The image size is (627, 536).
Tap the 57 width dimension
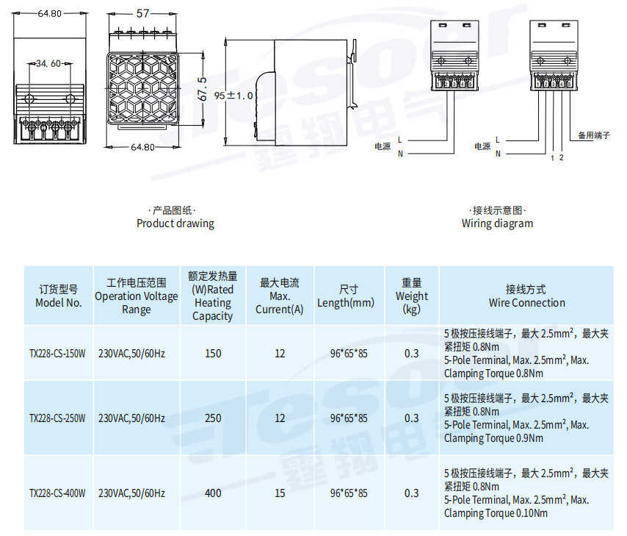point(144,13)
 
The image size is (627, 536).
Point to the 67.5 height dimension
point(203,89)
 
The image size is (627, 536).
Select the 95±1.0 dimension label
point(234,96)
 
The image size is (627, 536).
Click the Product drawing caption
point(175,223)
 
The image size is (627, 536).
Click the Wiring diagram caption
point(497,223)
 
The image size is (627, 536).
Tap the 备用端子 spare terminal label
point(594,135)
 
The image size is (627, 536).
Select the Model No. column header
point(59,296)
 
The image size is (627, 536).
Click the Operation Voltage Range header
point(137,296)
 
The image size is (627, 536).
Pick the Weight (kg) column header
point(412,296)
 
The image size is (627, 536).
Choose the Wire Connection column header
point(526,296)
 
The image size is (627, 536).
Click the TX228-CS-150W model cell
point(58,354)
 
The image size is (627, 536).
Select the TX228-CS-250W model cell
point(58,418)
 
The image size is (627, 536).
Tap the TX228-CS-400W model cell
point(58,493)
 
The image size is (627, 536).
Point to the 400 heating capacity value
point(213,493)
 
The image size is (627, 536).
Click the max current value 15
point(280,493)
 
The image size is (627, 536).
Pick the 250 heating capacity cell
point(213,418)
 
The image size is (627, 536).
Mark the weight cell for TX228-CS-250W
point(412,418)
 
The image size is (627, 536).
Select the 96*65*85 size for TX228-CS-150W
point(349,354)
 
